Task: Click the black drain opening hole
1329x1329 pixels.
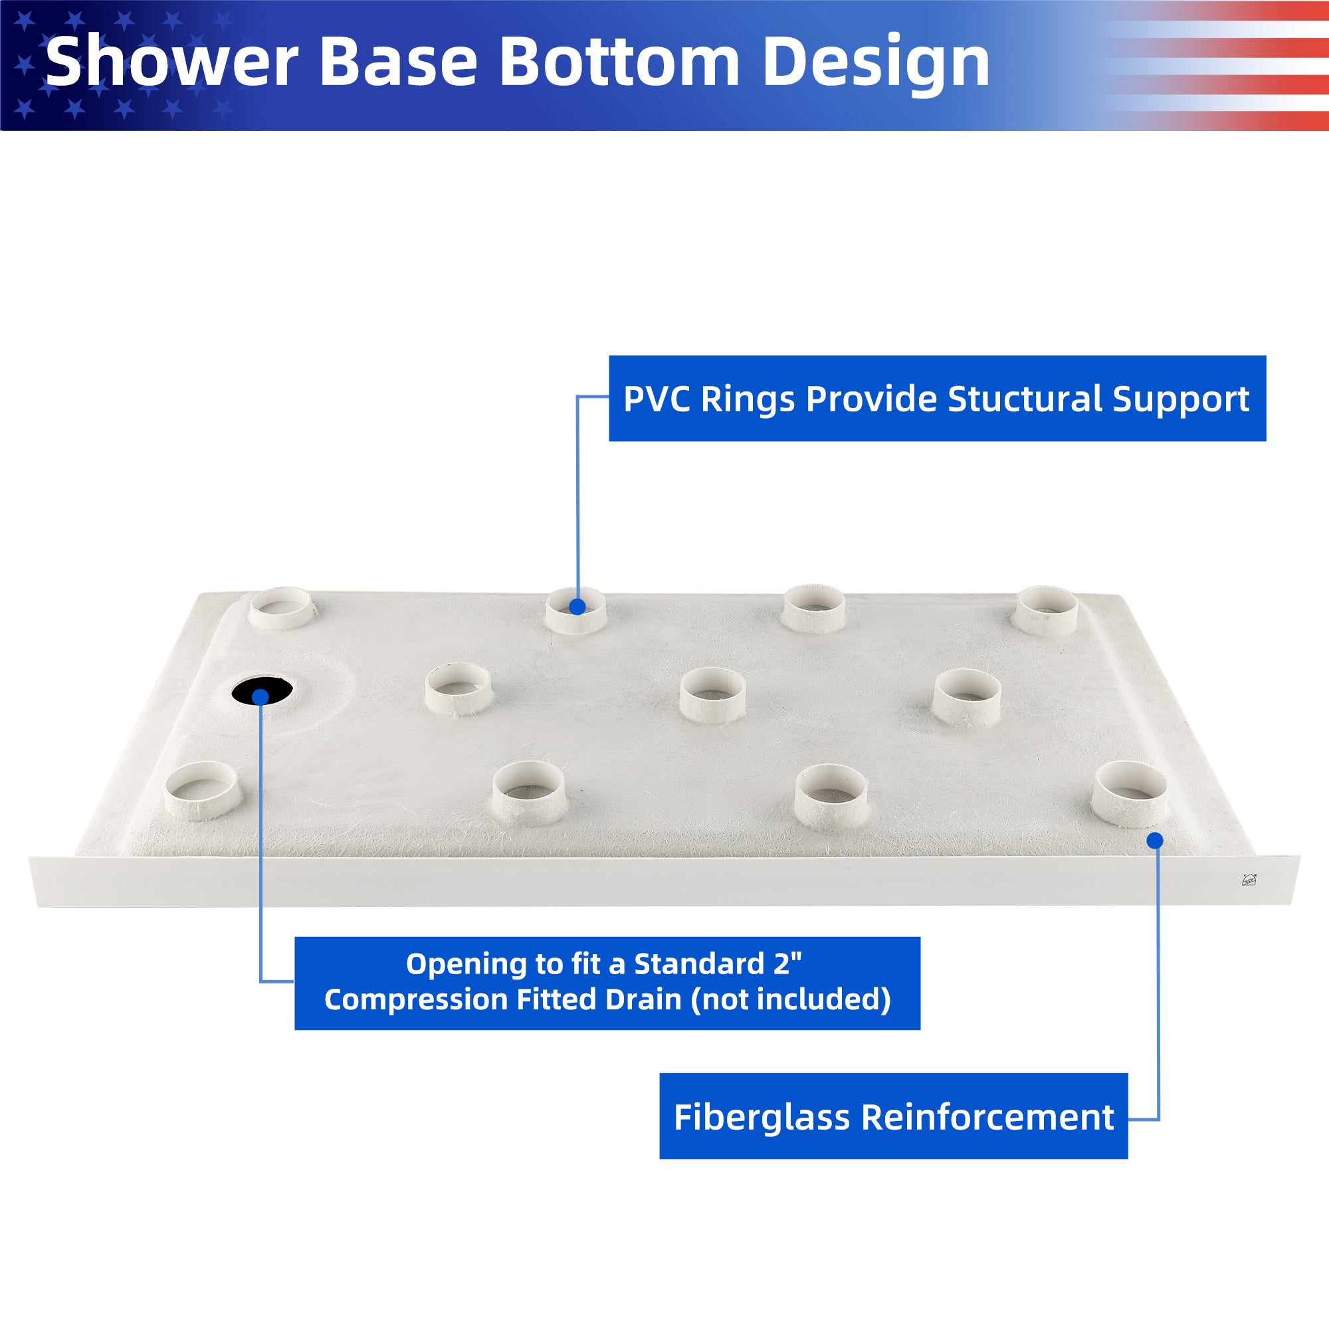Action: pyautogui.click(x=262, y=690)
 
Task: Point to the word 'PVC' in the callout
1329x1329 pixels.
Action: pyautogui.click(x=657, y=398)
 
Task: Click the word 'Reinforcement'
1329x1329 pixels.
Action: pyautogui.click(x=988, y=1116)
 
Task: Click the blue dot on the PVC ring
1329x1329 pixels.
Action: pyautogui.click(x=578, y=606)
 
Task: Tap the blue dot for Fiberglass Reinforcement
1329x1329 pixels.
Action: pyautogui.click(x=1156, y=840)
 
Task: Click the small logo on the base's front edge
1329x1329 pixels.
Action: pyautogui.click(x=1249, y=879)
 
